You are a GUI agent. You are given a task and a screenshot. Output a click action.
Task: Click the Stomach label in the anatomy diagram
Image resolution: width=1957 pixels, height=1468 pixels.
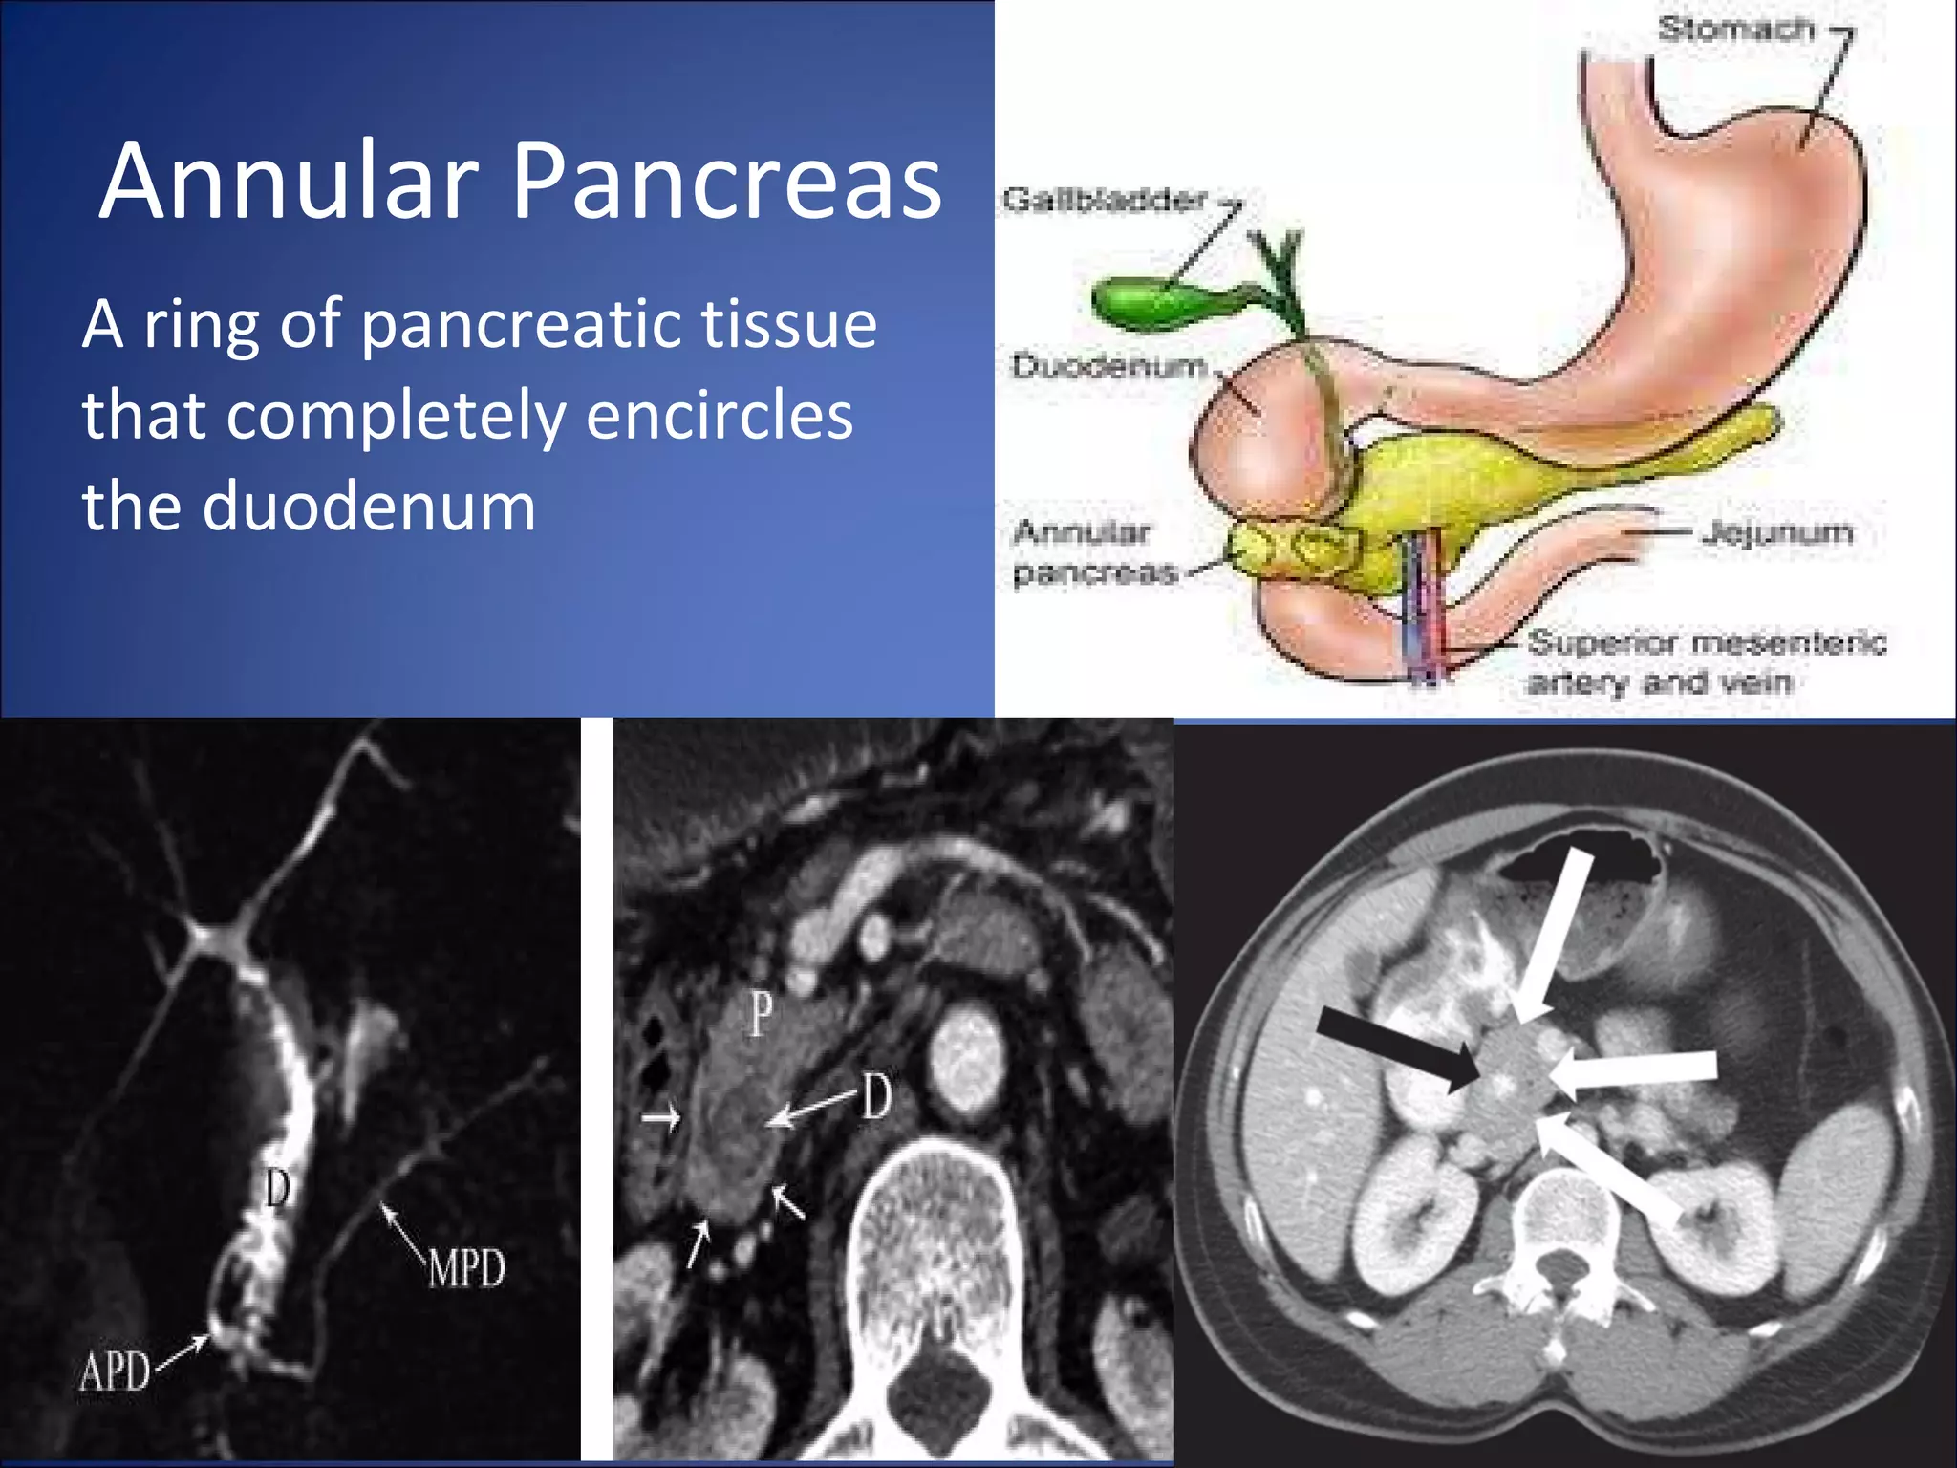[1735, 29]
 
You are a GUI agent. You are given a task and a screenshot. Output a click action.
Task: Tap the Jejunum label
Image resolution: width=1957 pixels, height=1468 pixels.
[1776, 531]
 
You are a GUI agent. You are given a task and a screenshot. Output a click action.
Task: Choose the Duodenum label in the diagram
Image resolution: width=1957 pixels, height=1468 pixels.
[1108, 365]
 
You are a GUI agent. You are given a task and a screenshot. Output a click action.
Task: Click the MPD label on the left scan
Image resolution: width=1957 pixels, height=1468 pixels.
[465, 1269]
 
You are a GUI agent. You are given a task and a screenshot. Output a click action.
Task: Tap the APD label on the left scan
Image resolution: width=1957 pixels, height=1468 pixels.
[115, 1373]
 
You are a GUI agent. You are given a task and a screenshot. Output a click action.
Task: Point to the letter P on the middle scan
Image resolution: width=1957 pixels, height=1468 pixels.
[760, 1014]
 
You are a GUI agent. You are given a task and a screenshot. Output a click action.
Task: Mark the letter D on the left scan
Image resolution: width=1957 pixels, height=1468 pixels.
[277, 1189]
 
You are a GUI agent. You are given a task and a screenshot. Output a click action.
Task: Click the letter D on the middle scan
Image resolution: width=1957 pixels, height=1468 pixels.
[875, 1096]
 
